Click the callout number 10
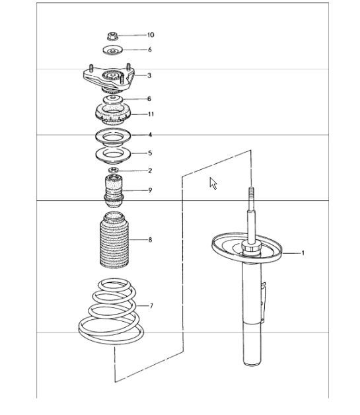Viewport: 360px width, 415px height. click(x=151, y=34)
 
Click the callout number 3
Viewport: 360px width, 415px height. click(x=149, y=75)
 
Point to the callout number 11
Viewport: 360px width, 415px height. click(x=151, y=114)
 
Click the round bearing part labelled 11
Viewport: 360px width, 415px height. click(x=112, y=114)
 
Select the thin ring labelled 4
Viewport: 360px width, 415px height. click(x=113, y=136)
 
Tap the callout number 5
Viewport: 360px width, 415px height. click(x=149, y=153)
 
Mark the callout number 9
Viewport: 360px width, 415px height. click(x=150, y=190)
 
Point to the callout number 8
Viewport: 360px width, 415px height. click(x=150, y=240)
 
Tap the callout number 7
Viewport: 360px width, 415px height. click(x=151, y=306)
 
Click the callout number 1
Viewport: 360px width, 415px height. click(x=303, y=252)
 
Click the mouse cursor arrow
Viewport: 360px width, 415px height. click(x=213, y=183)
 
